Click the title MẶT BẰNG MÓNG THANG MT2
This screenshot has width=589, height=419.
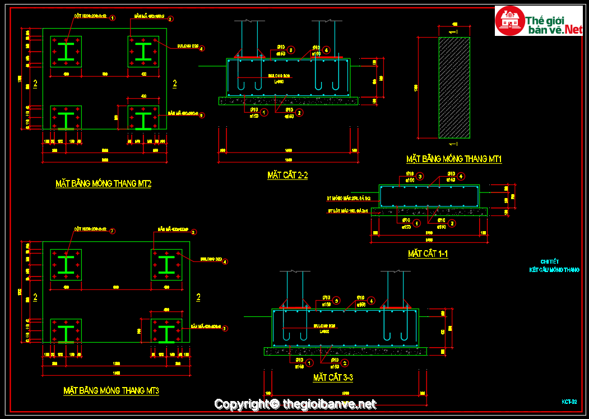[103, 183]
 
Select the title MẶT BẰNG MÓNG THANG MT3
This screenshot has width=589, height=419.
[111, 390]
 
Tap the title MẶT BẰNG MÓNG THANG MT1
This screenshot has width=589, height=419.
[454, 159]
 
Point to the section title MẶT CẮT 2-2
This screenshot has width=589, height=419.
[287, 176]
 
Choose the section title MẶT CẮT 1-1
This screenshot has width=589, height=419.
[428, 254]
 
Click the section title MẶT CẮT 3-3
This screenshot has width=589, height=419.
[333, 378]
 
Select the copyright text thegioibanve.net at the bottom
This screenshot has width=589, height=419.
[329, 404]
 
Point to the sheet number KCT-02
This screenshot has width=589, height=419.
[569, 402]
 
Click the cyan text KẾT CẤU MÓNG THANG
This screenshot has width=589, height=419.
[554, 270]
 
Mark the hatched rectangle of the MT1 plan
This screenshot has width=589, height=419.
[454, 88]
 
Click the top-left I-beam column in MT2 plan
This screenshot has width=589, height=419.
[66, 52]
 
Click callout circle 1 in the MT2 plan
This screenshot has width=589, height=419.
[113, 19]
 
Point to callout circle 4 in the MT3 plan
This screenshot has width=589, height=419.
[226, 261]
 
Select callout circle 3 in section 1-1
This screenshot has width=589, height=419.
[420, 177]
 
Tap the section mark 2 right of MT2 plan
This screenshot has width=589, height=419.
[175, 84]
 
